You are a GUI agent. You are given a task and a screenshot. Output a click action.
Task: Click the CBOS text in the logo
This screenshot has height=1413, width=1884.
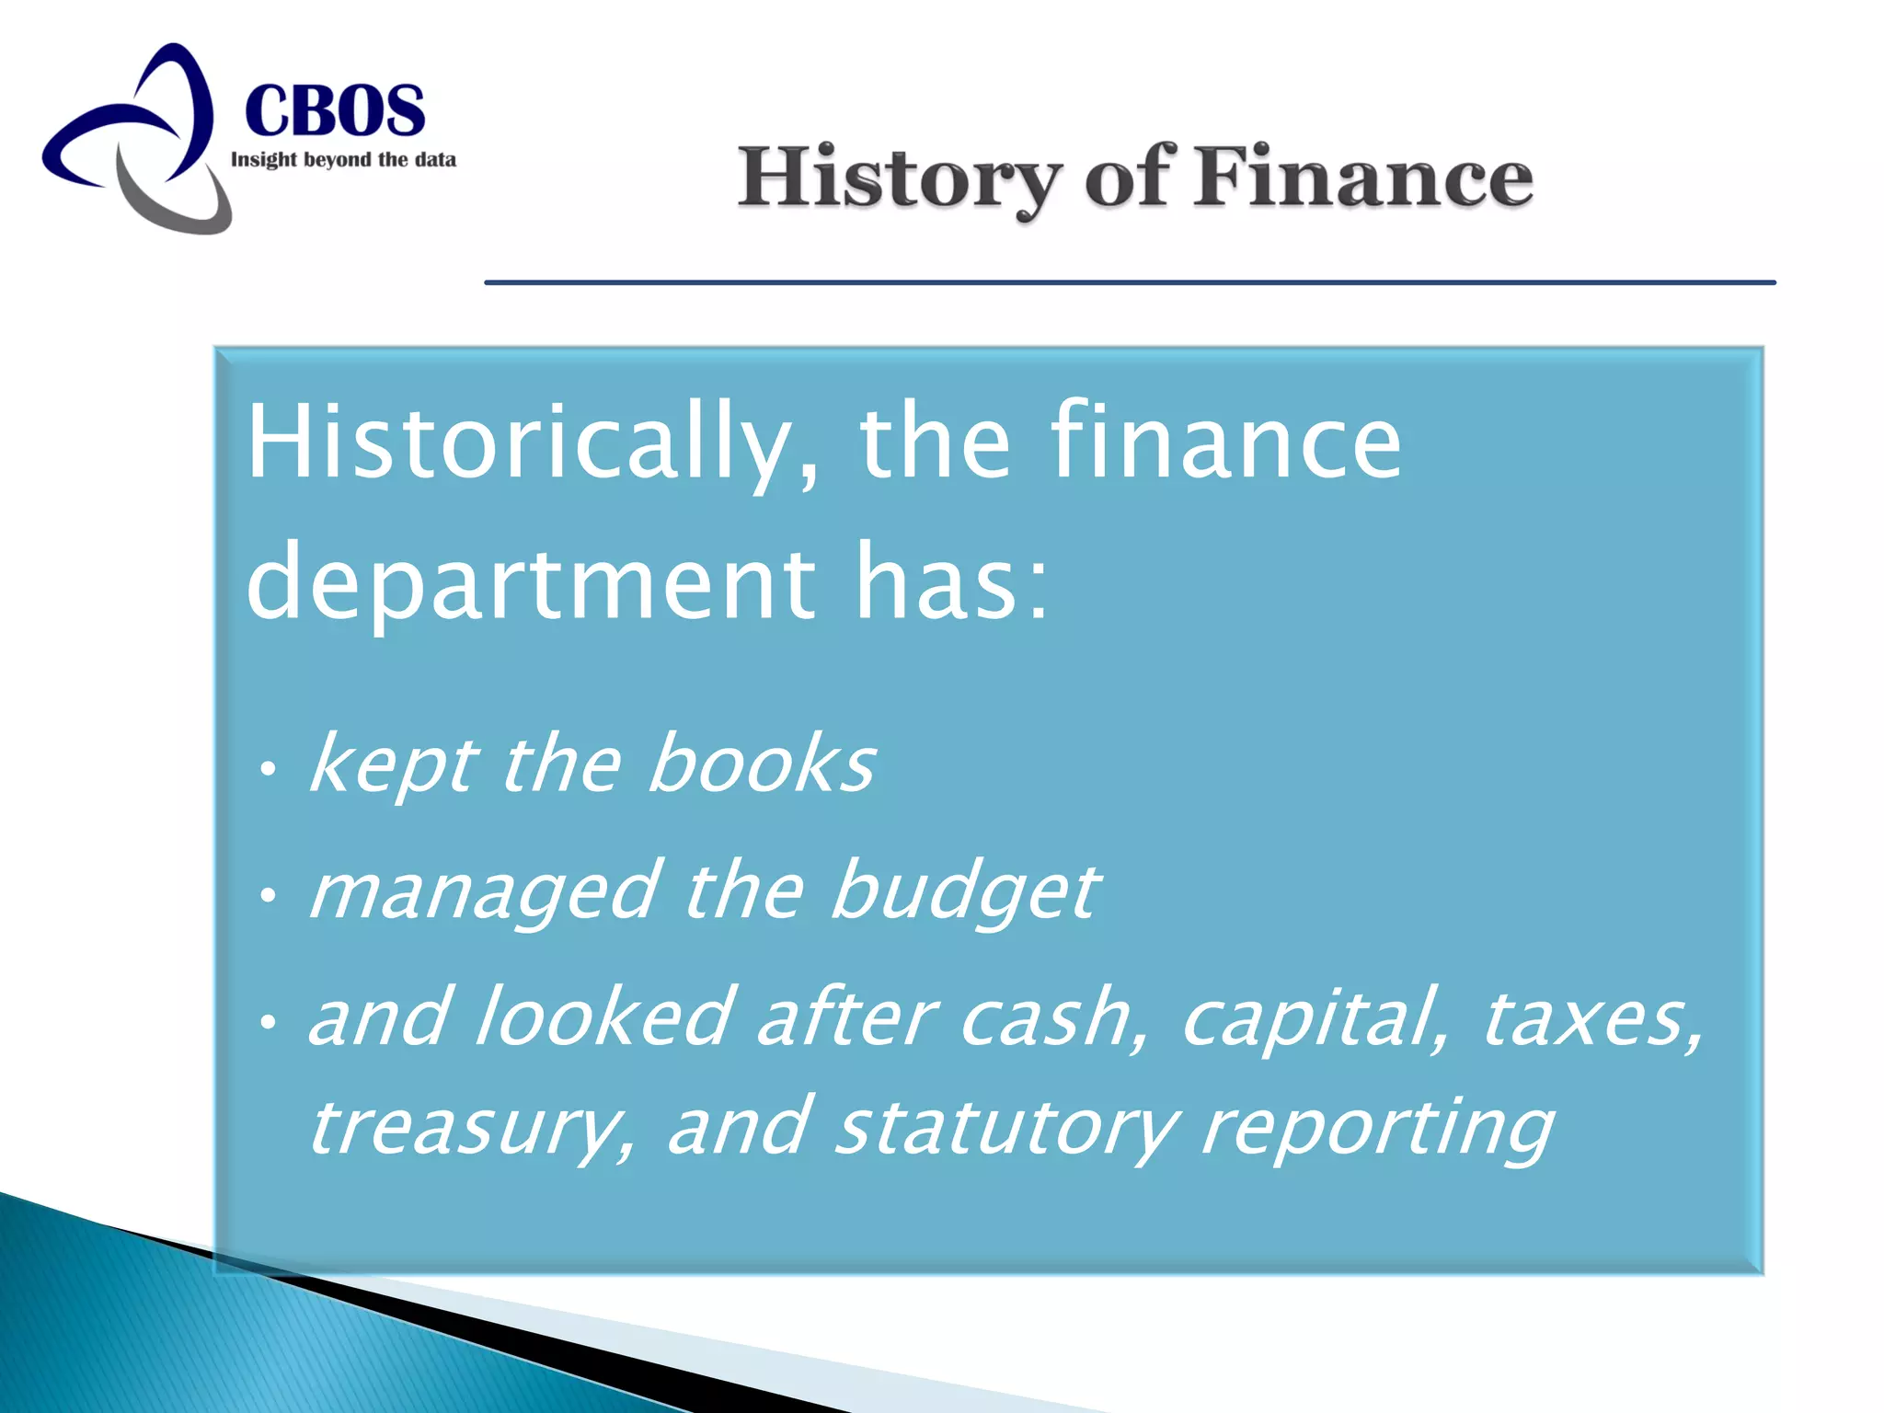click(x=335, y=110)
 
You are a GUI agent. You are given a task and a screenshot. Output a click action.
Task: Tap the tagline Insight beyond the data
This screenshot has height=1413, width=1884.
click(x=343, y=160)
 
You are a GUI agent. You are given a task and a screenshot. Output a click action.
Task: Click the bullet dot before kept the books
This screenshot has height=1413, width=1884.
click(x=267, y=767)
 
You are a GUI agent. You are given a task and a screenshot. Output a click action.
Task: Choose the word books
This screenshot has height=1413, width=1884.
click(x=761, y=764)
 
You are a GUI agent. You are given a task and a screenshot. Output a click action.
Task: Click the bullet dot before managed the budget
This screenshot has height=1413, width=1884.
click(x=267, y=893)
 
